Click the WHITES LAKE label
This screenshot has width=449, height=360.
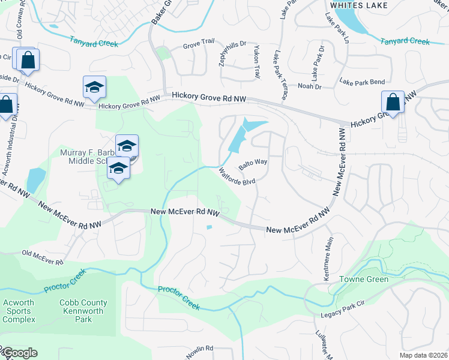click(x=358, y=5)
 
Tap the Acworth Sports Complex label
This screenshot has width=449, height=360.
click(x=19, y=311)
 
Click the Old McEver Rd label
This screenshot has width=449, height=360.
click(x=42, y=257)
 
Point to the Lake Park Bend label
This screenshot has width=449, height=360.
click(x=361, y=81)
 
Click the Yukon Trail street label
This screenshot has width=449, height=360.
click(x=257, y=62)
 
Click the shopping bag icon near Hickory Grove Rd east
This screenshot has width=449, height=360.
click(x=393, y=102)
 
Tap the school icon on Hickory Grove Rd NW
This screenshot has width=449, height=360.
click(x=94, y=88)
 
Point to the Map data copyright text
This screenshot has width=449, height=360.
click(x=423, y=355)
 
